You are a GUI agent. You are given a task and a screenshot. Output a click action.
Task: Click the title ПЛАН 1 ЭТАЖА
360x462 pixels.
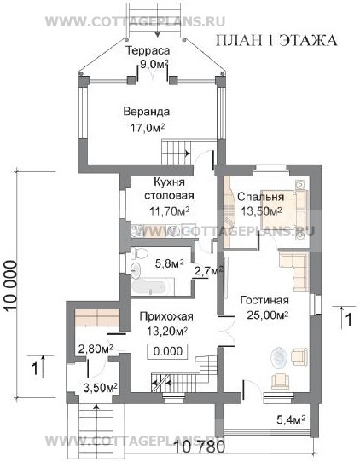point(276,40)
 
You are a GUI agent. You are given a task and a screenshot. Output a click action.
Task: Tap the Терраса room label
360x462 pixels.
point(148,50)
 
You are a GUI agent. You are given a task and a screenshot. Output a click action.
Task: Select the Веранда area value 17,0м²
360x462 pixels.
point(148,128)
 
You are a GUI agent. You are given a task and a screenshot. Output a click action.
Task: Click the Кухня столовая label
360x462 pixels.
point(169,188)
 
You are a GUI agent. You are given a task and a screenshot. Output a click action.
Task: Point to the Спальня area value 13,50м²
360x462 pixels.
point(261,211)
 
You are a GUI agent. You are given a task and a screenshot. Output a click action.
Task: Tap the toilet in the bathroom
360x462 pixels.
point(139,253)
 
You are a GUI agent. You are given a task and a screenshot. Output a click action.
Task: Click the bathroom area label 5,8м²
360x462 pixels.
point(169,263)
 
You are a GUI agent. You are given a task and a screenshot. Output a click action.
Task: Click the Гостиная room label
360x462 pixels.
point(264,301)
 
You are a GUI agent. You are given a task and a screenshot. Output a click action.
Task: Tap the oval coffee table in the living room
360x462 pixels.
point(279,358)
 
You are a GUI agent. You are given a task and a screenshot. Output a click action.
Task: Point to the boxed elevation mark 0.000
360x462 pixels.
point(168,351)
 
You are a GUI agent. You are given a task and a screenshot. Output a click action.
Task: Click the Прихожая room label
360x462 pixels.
point(166,316)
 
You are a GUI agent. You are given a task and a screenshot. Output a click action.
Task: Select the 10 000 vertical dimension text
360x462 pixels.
point(11,286)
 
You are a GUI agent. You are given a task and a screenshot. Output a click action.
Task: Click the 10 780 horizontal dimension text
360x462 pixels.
point(200,448)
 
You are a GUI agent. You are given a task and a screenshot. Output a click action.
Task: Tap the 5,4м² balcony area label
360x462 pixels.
point(291,419)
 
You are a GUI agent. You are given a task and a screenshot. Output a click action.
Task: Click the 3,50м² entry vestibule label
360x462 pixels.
point(101,388)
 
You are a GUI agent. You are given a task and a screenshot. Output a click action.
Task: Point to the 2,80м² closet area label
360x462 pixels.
point(96,349)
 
